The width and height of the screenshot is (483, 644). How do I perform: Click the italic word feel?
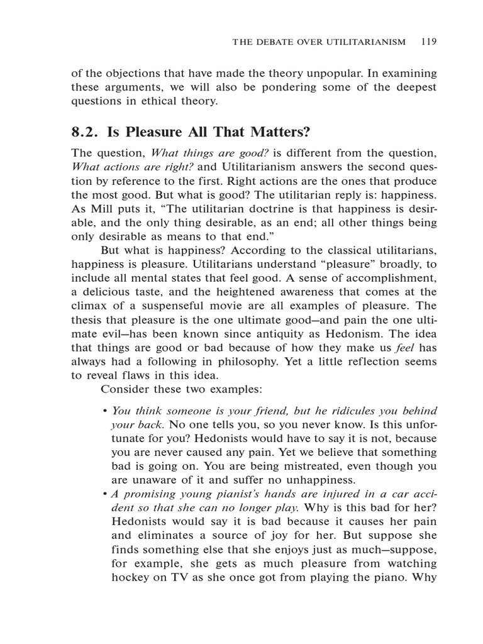[x=408, y=348]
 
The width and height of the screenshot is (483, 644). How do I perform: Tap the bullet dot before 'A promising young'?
[x=104, y=493]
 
